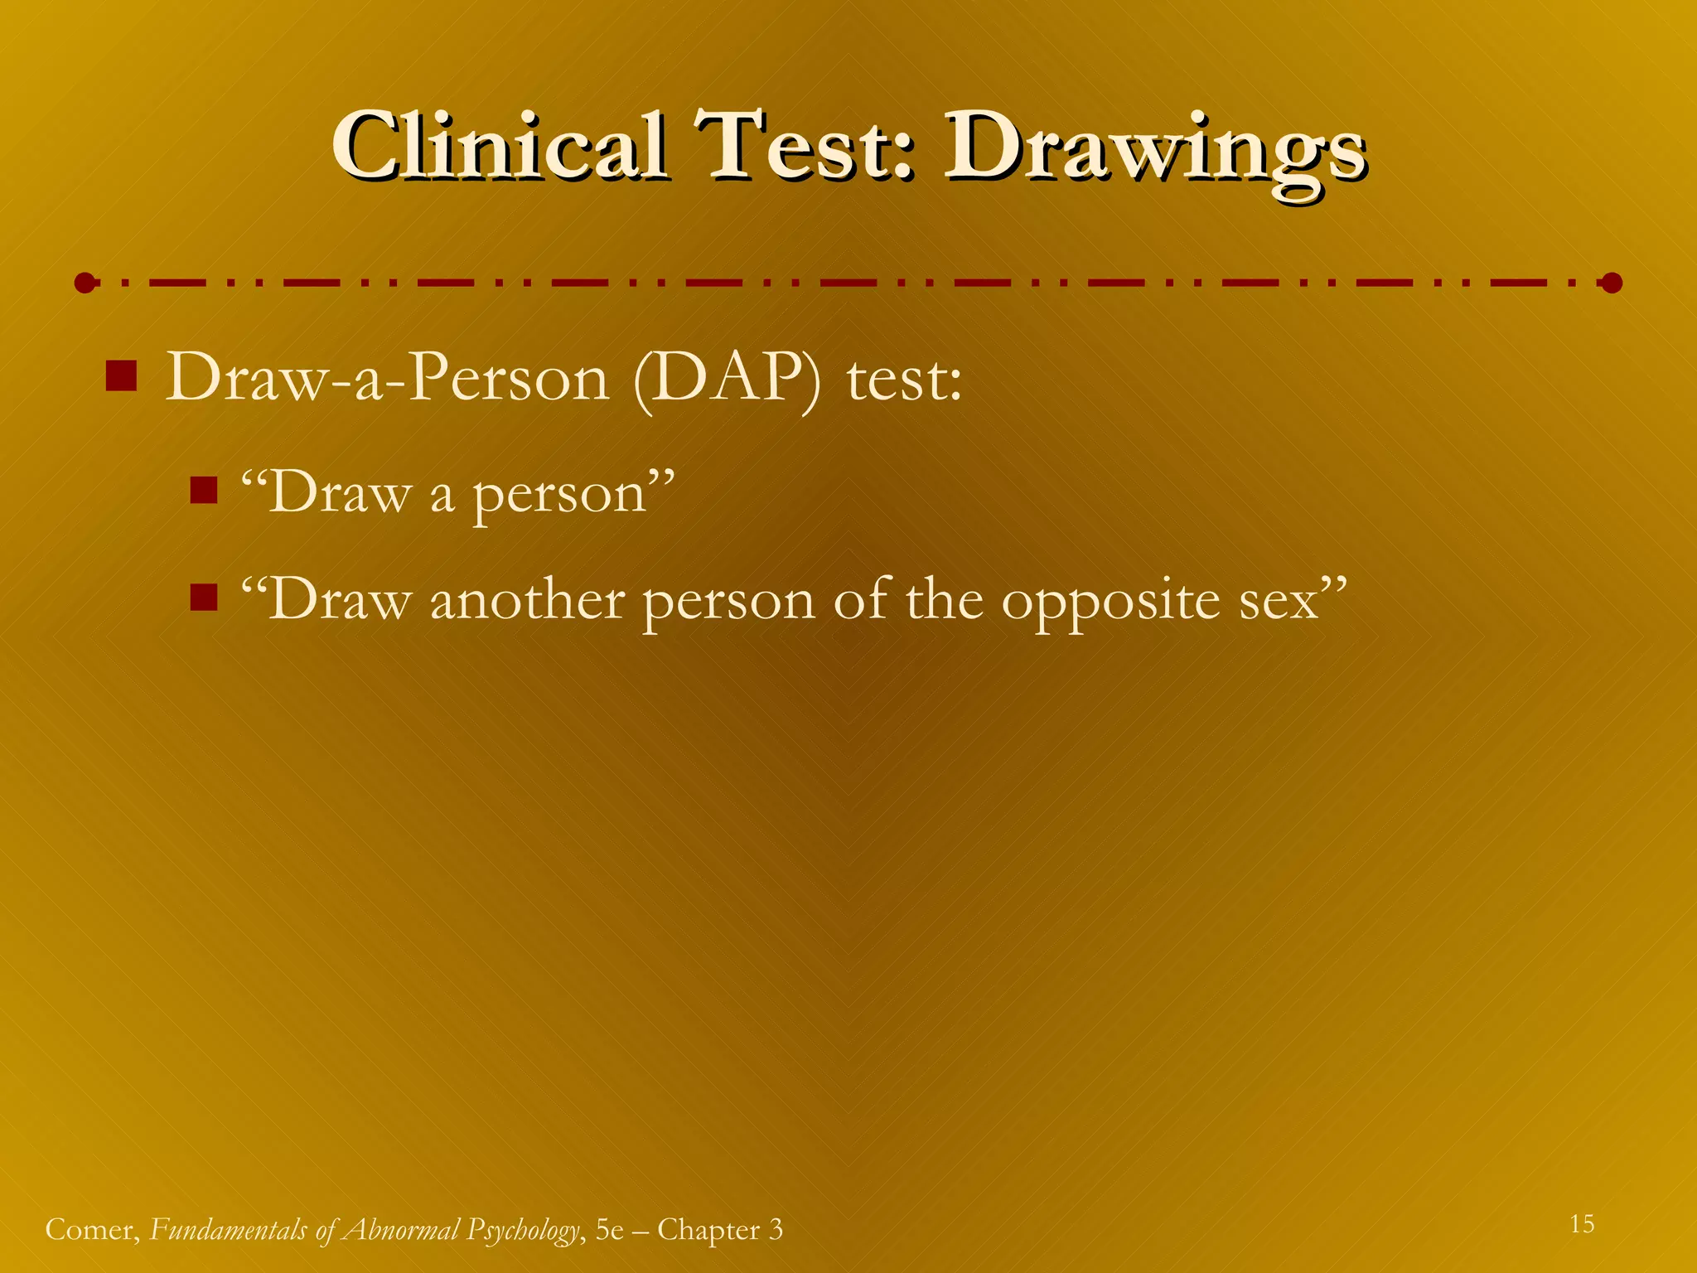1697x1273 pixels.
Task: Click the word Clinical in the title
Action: tap(500, 147)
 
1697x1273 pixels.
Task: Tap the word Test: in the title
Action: tap(804, 147)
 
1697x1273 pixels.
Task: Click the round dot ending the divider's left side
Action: tap(84, 283)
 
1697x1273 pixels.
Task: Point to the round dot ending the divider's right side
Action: tap(1612, 283)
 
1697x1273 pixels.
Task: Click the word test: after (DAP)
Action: tap(904, 380)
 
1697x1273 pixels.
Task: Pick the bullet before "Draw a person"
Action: tap(203, 491)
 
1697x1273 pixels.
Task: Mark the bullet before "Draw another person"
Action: tap(203, 597)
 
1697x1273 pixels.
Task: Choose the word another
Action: tap(527, 600)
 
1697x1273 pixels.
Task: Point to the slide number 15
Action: tap(1582, 1224)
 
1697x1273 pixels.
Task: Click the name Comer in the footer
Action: tap(91, 1230)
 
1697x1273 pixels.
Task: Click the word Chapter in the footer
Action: tap(708, 1230)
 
